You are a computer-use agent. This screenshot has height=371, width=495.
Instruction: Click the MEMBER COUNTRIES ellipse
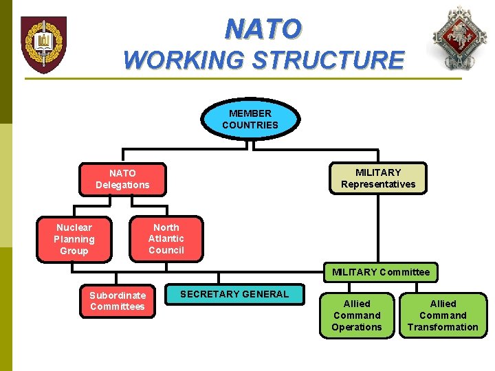coord(250,119)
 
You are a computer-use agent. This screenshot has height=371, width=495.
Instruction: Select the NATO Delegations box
coord(122,179)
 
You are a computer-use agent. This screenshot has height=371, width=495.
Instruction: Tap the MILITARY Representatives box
coord(378,178)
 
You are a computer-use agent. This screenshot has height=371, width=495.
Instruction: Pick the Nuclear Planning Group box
coord(74,239)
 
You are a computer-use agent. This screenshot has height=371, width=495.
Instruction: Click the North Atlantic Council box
coord(166,239)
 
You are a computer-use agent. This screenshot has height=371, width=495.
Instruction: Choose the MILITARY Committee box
coord(381,272)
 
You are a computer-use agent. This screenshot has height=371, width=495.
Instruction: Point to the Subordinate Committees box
coord(117,301)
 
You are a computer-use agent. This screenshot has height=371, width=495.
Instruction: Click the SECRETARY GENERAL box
coord(234,294)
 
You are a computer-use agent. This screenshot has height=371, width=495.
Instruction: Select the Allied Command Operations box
coord(356,315)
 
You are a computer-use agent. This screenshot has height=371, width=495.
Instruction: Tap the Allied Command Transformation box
coord(443,315)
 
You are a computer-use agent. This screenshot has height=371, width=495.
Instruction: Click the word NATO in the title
coord(263,30)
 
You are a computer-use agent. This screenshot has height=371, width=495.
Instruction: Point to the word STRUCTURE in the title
coord(328,60)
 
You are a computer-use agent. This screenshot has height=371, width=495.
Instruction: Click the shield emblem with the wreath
coord(43,45)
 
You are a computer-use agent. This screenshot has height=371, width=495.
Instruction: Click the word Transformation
coord(443,327)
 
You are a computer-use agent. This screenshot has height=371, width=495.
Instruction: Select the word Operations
coord(356,327)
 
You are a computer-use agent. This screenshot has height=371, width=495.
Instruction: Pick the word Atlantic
coord(166,238)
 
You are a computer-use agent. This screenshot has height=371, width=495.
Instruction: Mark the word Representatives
coord(378,184)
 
